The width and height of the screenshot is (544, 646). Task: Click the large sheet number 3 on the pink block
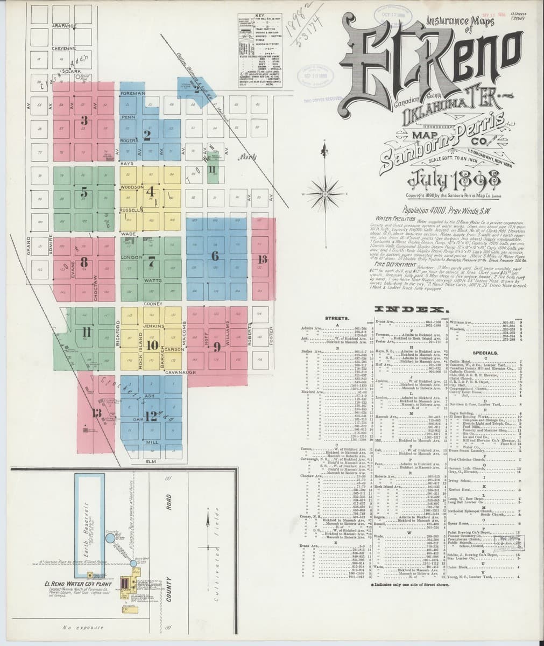click(84, 120)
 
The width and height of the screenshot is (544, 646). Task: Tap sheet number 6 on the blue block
click(215, 256)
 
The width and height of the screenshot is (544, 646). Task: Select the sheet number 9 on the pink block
click(216, 346)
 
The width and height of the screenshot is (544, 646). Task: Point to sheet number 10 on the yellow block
click(152, 345)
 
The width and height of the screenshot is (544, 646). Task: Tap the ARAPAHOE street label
click(65, 25)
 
